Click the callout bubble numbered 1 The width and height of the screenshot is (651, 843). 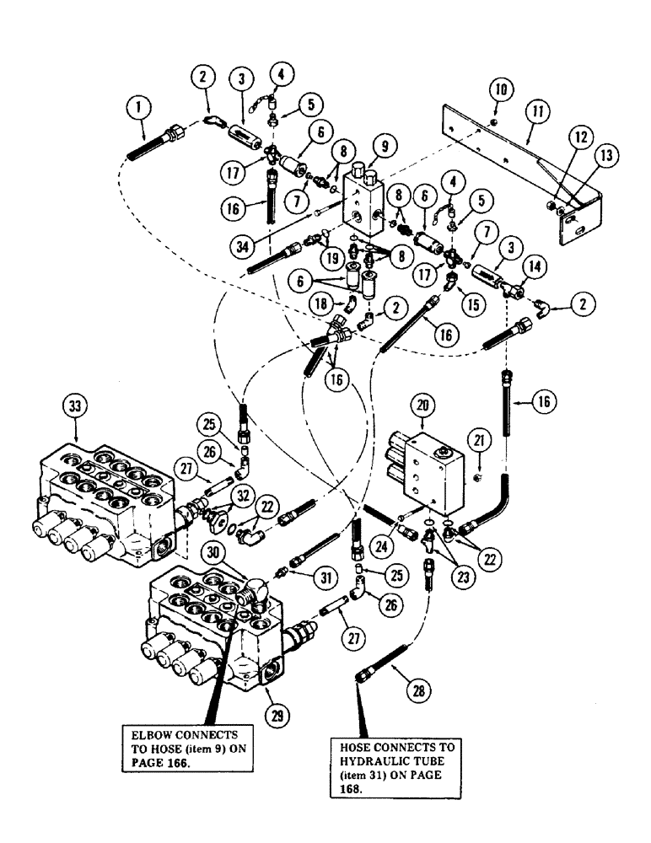click(134, 108)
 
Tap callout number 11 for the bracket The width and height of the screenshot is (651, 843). click(531, 110)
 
